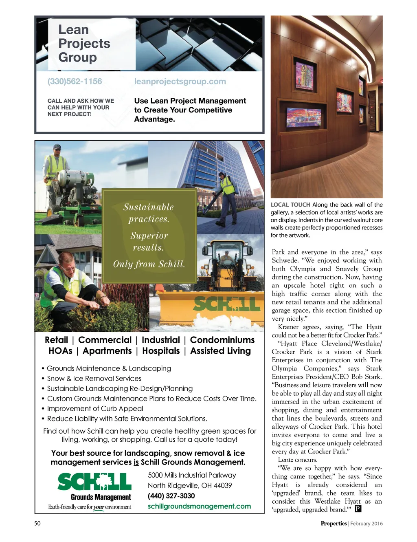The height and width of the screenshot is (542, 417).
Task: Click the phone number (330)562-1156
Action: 75,82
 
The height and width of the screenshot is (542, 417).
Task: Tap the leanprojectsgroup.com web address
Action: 180,82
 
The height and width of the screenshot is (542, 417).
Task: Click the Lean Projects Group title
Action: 84,44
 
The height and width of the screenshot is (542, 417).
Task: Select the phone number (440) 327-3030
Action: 171,496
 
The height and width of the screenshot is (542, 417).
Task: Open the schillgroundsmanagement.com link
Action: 199,506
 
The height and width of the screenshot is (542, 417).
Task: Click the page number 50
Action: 37,524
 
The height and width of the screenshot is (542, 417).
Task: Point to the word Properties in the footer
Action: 334,524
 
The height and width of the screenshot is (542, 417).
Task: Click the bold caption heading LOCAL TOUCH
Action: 290,205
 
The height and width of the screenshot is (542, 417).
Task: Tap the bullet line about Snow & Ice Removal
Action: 94,379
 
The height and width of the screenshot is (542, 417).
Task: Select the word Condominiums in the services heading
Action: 222,340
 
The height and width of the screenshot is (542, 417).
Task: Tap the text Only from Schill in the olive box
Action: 149,264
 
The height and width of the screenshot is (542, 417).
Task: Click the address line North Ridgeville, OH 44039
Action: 190,486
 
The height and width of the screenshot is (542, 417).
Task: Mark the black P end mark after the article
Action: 358,509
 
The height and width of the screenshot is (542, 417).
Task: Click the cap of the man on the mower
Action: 57,147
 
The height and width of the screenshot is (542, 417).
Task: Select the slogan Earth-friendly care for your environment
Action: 90,507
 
